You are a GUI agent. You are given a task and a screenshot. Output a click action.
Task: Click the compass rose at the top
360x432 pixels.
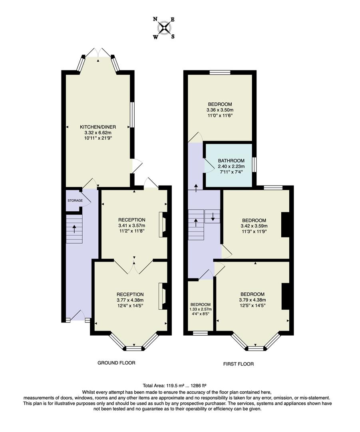click(x=164, y=28)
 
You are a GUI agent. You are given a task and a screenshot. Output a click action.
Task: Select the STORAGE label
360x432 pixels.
click(x=75, y=200)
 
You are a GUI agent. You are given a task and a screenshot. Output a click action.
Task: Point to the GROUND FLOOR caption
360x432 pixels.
click(x=116, y=363)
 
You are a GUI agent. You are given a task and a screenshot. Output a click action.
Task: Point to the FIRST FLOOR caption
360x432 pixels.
click(x=239, y=364)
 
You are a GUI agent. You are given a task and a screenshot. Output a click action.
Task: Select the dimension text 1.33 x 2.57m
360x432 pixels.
click(x=201, y=309)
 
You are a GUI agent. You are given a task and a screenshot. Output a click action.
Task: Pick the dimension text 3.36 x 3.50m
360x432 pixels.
click(x=220, y=110)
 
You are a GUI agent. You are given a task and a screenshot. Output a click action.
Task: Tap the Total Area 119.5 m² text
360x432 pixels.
click(x=178, y=386)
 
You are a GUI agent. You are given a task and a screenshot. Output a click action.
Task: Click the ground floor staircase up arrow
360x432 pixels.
click(x=74, y=229)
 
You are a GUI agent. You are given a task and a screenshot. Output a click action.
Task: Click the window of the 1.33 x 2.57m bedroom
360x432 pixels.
click(x=200, y=333)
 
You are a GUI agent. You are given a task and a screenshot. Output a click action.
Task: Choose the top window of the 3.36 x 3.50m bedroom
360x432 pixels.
click(x=220, y=72)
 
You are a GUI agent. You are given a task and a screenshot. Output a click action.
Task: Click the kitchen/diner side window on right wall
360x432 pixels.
click(x=132, y=115)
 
